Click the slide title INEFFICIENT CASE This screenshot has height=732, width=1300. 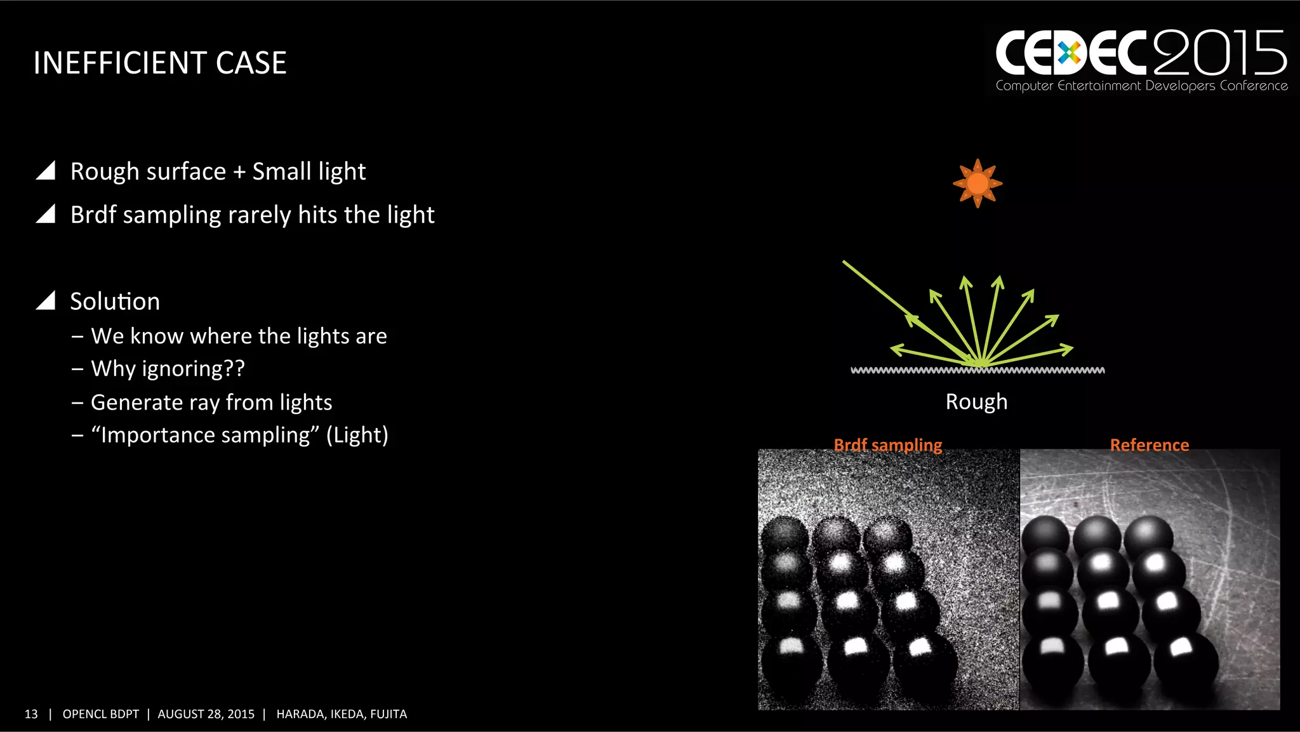pyautogui.click(x=160, y=63)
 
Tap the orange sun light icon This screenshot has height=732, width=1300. pyautogui.click(x=978, y=183)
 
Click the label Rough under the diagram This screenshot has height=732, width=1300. pyautogui.click(x=976, y=402)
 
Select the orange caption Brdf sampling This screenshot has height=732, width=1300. pyautogui.click(x=887, y=445)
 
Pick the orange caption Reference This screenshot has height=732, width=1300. pyautogui.click(x=1149, y=445)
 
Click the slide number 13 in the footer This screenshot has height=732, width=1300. pyautogui.click(x=31, y=714)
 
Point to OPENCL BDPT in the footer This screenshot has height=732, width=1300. pyautogui.click(x=100, y=714)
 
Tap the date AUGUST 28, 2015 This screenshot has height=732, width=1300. pyautogui.click(x=206, y=714)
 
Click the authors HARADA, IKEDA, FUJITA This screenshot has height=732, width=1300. pyautogui.click(x=342, y=714)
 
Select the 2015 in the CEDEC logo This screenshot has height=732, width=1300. pyautogui.click(x=1220, y=53)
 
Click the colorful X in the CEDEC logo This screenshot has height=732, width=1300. pyautogui.click(x=1070, y=53)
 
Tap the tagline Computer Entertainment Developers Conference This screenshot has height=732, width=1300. pyautogui.click(x=1141, y=86)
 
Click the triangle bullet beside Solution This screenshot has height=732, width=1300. pyautogui.click(x=46, y=300)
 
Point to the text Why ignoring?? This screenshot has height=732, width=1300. pyautogui.click(x=168, y=369)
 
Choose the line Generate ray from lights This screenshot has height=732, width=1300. pyautogui.click(x=211, y=403)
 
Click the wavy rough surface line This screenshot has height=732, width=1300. pyautogui.click(x=978, y=370)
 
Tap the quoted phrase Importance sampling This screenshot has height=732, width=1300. pyautogui.click(x=206, y=436)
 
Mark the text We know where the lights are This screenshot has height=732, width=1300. pyautogui.click(x=239, y=336)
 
